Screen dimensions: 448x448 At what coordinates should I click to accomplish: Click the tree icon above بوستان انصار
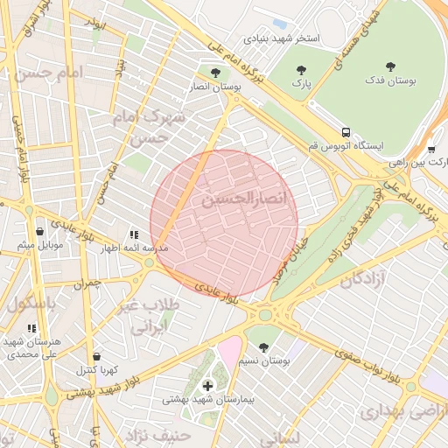(x=215, y=72)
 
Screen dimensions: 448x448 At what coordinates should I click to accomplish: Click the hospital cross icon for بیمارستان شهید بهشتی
(x=207, y=385)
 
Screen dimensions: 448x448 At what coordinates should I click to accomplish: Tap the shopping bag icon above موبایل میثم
(x=40, y=232)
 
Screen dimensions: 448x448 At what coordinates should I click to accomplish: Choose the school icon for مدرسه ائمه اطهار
(x=134, y=234)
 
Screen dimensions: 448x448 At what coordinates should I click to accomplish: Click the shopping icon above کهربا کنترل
(x=96, y=356)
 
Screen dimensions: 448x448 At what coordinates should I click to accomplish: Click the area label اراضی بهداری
(x=397, y=411)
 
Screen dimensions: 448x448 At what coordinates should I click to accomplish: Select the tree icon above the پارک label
(x=301, y=69)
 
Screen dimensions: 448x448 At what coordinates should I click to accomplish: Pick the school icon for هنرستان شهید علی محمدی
(x=32, y=328)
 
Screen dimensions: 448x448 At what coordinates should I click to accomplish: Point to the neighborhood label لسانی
(x=281, y=436)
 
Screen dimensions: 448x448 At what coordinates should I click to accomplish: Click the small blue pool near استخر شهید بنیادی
(x=280, y=23)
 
